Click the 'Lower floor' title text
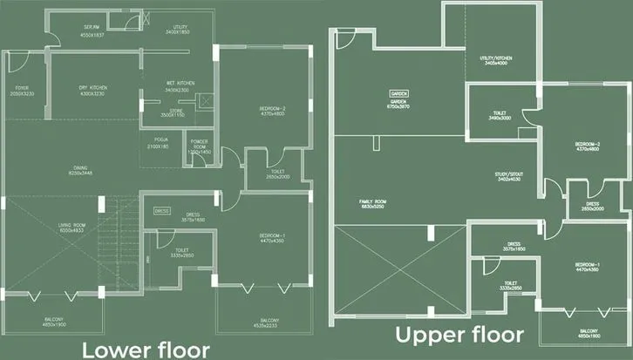coord(146,349)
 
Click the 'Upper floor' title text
coord(459,334)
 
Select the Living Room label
coord(71,228)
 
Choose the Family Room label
coord(372,203)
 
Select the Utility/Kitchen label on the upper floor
coord(494,60)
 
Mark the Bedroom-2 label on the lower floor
coord(273,111)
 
